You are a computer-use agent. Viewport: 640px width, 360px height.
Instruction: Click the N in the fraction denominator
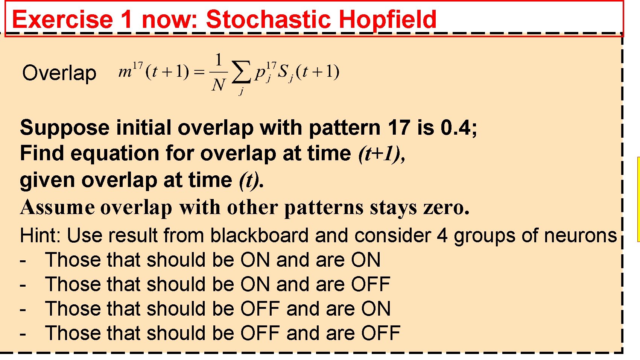point(218,85)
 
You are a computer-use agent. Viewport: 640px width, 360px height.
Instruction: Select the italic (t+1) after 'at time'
point(381,153)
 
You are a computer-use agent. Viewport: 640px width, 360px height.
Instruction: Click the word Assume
point(58,207)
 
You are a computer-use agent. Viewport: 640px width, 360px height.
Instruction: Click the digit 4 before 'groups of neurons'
point(442,235)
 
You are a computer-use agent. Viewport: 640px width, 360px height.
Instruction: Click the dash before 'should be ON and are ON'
point(23,260)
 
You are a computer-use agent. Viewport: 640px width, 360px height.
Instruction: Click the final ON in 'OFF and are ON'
point(376,308)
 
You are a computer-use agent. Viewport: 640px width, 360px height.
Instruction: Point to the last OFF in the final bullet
point(381,333)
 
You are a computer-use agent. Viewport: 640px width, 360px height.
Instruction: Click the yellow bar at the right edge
point(638,199)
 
